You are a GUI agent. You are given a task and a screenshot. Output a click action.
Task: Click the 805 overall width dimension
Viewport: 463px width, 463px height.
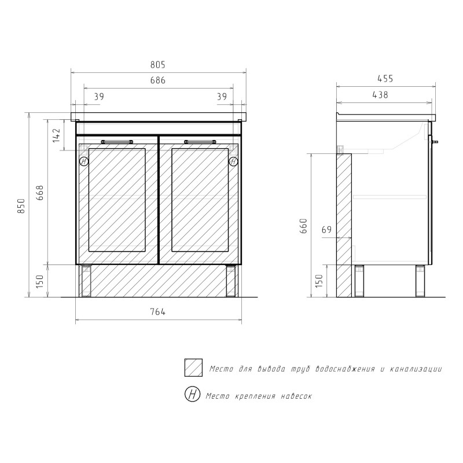tap(157, 65)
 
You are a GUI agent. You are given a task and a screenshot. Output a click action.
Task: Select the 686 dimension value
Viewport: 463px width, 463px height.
tap(157, 80)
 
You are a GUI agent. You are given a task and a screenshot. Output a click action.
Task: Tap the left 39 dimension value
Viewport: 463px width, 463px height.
tap(99, 97)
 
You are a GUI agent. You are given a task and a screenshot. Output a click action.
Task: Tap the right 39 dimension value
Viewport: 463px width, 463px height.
tap(222, 97)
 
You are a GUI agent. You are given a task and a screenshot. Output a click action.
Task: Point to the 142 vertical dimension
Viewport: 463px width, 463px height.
tap(57, 135)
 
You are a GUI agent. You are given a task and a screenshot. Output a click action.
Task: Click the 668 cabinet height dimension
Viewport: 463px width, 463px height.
tap(40, 193)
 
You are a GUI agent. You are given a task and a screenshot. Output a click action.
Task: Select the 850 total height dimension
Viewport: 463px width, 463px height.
tap(21, 206)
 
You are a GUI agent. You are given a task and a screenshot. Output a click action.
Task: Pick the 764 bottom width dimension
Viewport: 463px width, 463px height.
tap(157, 312)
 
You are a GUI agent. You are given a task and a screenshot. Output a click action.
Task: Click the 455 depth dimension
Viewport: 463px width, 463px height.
tap(385, 79)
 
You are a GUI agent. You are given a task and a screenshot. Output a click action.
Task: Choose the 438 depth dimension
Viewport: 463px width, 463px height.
tap(380, 95)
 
